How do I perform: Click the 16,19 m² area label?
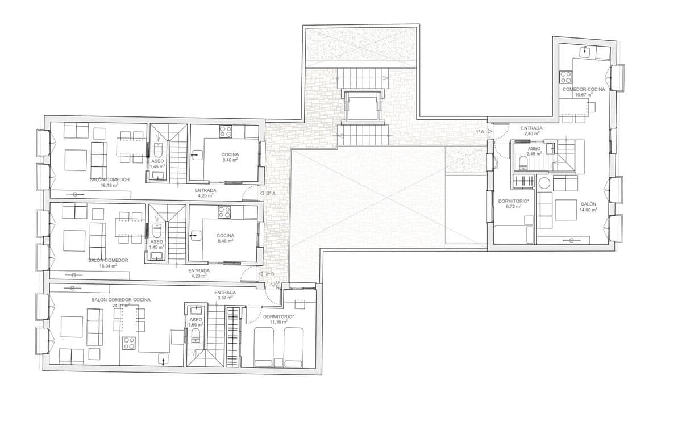click(110, 185)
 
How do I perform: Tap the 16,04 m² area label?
click(108, 266)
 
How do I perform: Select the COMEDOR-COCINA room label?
click(584, 90)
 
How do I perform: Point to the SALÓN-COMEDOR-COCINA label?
click(121, 300)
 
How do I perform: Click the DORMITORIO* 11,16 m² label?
click(278, 319)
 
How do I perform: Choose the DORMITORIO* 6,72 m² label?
click(514, 203)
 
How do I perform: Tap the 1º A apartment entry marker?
click(484, 131)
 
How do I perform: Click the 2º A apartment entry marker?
click(267, 193)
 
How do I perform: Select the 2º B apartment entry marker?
click(266, 274)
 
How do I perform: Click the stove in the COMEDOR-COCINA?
click(566, 77)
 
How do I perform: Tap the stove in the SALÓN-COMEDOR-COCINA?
click(129, 343)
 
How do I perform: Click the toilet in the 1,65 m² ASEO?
click(196, 336)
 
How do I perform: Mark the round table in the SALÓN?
click(544, 183)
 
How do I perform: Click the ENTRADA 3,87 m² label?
click(225, 295)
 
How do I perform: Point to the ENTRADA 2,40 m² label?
click(531, 131)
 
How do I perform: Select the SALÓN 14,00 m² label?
click(588, 207)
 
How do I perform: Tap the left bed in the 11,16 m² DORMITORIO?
click(263, 347)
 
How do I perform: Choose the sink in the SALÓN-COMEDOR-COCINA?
click(164, 359)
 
